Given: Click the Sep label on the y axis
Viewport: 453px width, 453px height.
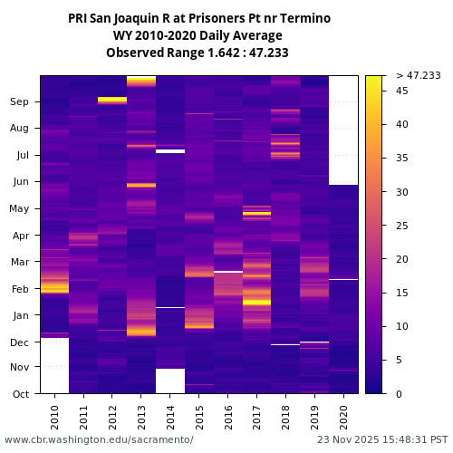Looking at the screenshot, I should (x=20, y=102).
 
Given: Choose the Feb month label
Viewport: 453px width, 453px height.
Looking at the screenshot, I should (x=20, y=289).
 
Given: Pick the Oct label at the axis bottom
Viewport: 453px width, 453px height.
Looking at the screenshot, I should (x=20, y=394).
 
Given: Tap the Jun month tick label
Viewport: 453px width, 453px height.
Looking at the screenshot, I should (x=20, y=182).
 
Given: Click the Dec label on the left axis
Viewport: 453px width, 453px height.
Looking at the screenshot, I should (x=20, y=342).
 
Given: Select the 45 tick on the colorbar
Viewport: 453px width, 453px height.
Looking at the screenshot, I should (x=402, y=91).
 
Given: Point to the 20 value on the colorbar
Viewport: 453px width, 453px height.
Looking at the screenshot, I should (x=402, y=259).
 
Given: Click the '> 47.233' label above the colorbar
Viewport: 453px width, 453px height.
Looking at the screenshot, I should (x=419, y=75).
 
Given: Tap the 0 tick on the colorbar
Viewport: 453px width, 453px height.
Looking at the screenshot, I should (x=400, y=394).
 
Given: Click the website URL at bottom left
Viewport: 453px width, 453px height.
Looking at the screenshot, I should (x=99, y=439).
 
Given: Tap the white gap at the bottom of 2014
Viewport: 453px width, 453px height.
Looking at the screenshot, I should (x=170, y=381).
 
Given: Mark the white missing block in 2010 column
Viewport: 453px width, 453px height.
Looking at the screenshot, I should (x=54, y=365).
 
